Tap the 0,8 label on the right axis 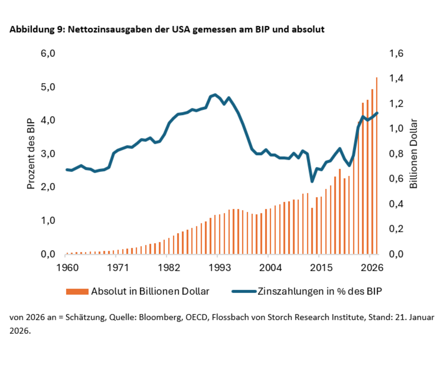click(396, 154)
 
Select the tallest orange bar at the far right click(377, 166)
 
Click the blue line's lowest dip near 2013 click(312, 181)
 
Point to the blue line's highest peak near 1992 click(215, 95)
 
